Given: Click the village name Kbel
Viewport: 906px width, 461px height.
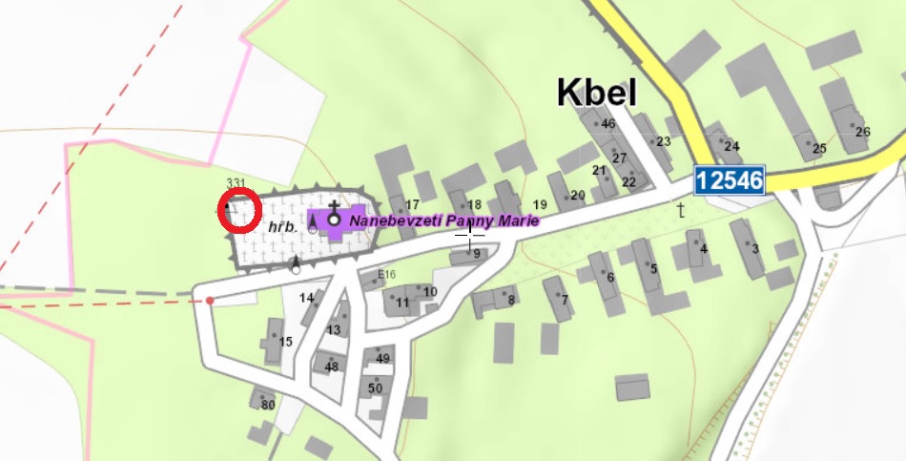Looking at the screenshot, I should click(x=597, y=93).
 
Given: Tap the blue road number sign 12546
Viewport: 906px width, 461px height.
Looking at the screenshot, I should click(x=731, y=179).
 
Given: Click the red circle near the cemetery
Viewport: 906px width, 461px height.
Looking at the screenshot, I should click(x=239, y=211).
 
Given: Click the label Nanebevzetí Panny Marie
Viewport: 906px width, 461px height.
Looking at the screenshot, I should click(x=444, y=220).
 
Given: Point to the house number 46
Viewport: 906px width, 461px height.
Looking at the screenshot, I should click(x=608, y=124).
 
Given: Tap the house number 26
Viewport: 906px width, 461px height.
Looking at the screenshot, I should click(x=863, y=132).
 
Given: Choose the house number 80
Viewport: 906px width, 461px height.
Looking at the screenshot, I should click(x=268, y=406).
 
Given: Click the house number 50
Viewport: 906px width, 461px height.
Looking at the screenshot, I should click(x=375, y=388).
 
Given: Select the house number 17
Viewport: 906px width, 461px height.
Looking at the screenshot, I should click(x=412, y=205).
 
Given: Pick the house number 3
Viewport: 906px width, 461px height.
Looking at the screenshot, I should click(x=755, y=249).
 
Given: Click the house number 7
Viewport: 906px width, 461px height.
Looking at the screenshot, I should click(x=565, y=301).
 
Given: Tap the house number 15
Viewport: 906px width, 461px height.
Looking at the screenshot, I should click(x=285, y=342).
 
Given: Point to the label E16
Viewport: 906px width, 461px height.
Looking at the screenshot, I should click(x=386, y=275).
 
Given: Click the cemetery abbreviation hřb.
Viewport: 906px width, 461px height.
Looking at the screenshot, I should click(x=279, y=227).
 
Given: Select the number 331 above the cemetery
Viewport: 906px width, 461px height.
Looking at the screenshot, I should click(x=237, y=182).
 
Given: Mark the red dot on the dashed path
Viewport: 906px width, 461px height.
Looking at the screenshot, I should click(x=210, y=301).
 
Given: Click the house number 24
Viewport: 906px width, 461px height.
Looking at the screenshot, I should click(x=731, y=146).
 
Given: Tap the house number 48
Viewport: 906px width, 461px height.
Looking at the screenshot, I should click(x=332, y=367).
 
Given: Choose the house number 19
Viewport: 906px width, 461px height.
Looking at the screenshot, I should click(x=540, y=205).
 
